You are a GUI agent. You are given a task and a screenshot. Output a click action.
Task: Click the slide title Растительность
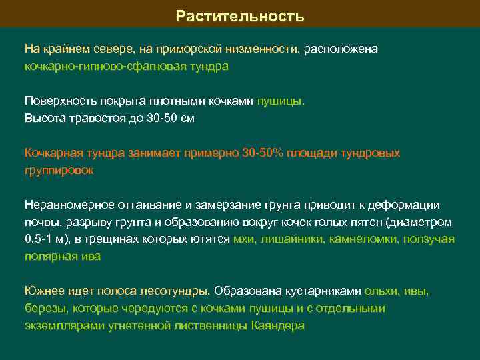[240, 15]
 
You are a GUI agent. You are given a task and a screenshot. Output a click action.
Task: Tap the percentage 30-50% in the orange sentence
[263, 153]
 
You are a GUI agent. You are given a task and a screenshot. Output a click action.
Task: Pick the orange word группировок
[59, 171]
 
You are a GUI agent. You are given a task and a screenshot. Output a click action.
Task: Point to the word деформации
[407, 205]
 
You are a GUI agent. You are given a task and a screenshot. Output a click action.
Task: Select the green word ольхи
[381, 291]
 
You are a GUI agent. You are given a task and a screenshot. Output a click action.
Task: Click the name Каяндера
[278, 326]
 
